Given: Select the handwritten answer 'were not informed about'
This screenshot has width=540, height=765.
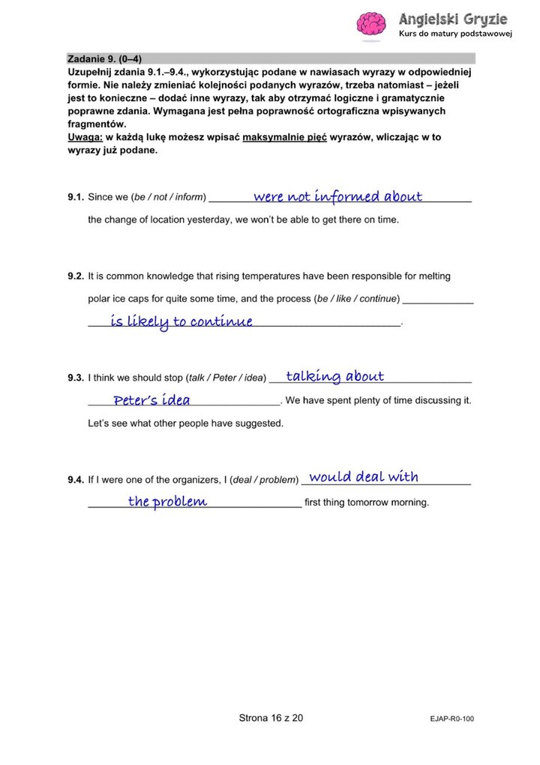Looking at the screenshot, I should [x=337, y=197].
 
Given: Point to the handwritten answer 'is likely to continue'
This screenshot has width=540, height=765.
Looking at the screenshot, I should [x=181, y=322].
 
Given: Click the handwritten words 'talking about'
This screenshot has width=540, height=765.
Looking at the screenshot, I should [x=334, y=376].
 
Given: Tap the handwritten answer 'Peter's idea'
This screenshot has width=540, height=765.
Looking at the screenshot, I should [x=151, y=400].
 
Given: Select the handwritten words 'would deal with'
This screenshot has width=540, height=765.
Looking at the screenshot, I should [x=364, y=477].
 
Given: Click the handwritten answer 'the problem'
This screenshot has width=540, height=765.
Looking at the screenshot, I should [x=167, y=501].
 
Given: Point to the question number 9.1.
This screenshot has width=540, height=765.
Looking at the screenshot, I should [x=75, y=198].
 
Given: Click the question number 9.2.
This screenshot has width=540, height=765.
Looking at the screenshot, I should [x=75, y=276].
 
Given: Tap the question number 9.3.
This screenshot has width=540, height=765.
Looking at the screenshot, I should [x=75, y=378].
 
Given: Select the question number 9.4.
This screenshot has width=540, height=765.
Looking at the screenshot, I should [x=75, y=480].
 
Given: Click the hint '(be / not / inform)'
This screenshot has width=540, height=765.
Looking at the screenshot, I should [x=169, y=198].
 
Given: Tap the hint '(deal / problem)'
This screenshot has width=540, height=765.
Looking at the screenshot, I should [x=265, y=480].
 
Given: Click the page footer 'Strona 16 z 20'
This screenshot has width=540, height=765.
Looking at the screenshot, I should [x=271, y=718].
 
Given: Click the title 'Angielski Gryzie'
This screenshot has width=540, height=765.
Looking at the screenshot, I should [x=453, y=19].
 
